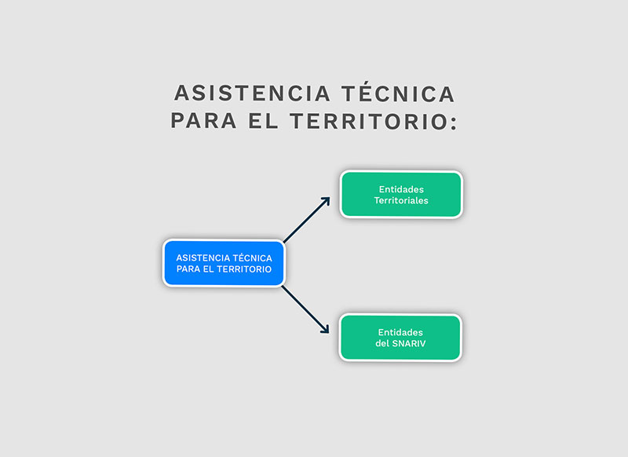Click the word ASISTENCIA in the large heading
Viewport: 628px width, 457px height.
tap(252, 93)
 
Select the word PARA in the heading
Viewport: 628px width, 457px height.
tap(203, 121)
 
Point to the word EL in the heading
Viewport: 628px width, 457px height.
tap(263, 121)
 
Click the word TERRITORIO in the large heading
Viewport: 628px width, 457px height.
tap(368, 121)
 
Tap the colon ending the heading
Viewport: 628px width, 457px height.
tap(454, 123)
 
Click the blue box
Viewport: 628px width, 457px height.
tap(224, 263)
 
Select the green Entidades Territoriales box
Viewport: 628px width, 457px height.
tap(401, 195)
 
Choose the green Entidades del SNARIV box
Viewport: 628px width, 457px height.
tap(400, 338)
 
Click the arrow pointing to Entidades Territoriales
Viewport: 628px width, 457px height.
tap(306, 220)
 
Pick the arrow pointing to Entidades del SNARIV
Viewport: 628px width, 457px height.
tap(305, 309)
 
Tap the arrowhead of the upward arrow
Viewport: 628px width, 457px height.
tap(327, 201)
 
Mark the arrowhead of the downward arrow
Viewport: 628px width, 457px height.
tap(326, 330)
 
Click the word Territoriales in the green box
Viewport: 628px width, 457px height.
tap(401, 200)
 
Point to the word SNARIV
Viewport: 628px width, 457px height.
tap(408, 343)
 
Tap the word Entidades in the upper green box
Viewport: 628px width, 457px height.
tap(401, 189)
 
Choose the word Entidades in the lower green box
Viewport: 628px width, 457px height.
tap(400, 332)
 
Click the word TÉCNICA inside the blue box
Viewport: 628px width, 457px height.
tap(252, 258)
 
